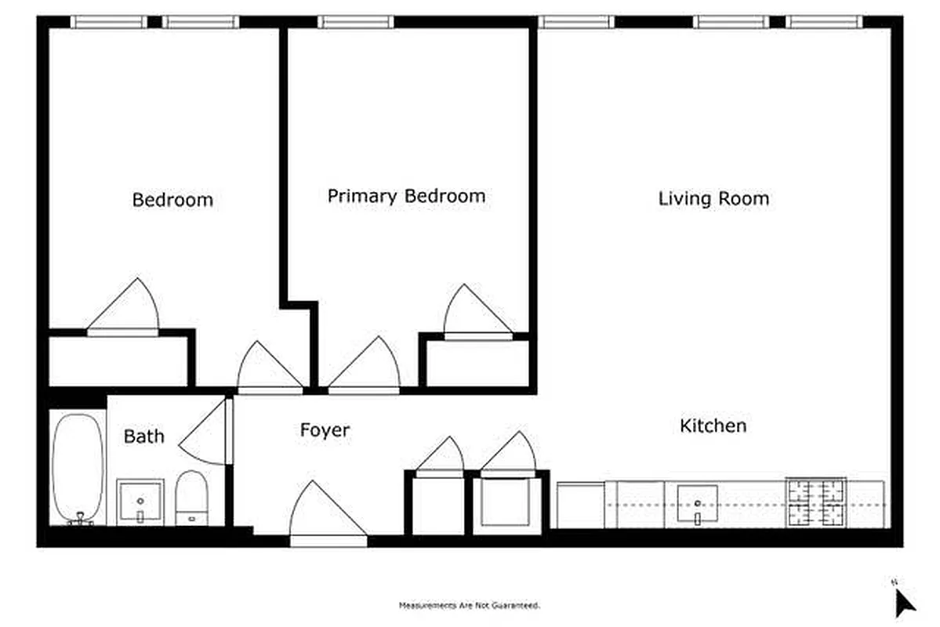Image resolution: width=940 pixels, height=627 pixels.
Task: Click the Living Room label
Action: click(713, 198)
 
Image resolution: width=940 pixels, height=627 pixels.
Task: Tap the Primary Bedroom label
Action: click(406, 196)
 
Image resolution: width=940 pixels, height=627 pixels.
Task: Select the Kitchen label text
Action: click(713, 426)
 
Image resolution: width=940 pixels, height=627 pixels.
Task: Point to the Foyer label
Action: click(325, 430)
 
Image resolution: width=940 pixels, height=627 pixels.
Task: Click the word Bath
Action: click(144, 437)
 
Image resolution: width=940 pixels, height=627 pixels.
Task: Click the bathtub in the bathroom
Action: click(78, 469)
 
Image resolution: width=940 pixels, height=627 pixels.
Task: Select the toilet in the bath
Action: click(191, 497)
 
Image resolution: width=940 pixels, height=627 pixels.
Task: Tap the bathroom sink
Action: click(140, 502)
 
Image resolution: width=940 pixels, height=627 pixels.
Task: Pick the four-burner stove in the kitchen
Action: click(816, 503)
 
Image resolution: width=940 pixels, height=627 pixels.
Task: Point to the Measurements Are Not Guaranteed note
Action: click(470, 605)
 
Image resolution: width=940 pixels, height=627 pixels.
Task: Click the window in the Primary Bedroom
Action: click(355, 22)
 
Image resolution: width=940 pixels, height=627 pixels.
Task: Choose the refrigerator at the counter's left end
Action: click(580, 506)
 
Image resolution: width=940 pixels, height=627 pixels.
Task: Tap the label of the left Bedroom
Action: click(172, 200)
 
